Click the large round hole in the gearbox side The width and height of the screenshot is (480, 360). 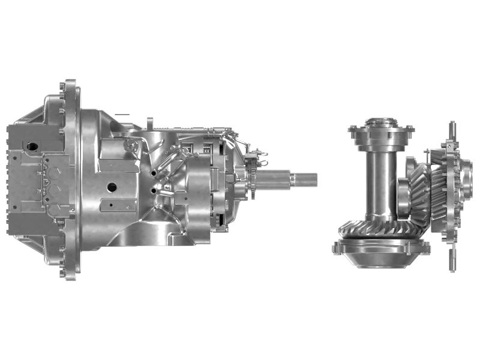click(x=112, y=187)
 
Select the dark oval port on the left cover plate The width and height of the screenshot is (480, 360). click(x=30, y=146)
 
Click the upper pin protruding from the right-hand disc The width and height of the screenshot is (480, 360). click(x=452, y=130)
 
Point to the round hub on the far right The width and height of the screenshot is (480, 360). click(x=467, y=180)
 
